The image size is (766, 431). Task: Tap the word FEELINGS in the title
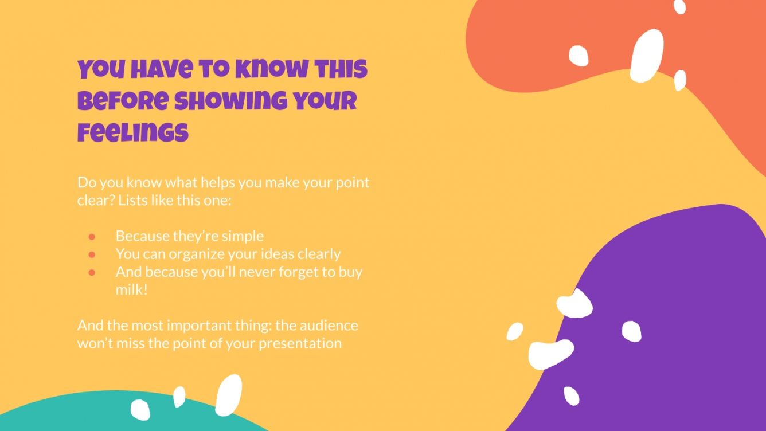pyautogui.click(x=133, y=132)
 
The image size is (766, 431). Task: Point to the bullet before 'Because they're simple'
pyautogui.click(x=91, y=236)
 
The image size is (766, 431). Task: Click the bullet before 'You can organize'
pyautogui.click(x=91, y=254)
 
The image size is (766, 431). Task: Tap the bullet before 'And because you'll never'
pyautogui.click(x=91, y=272)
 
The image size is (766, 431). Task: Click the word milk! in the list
pyautogui.click(x=132, y=289)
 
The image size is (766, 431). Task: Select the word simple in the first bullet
pyautogui.click(x=243, y=236)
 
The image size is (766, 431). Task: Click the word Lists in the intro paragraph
pyautogui.click(x=132, y=201)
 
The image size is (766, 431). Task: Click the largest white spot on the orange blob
pyautogui.click(x=647, y=56)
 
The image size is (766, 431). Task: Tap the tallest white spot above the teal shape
pyautogui.click(x=228, y=395)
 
